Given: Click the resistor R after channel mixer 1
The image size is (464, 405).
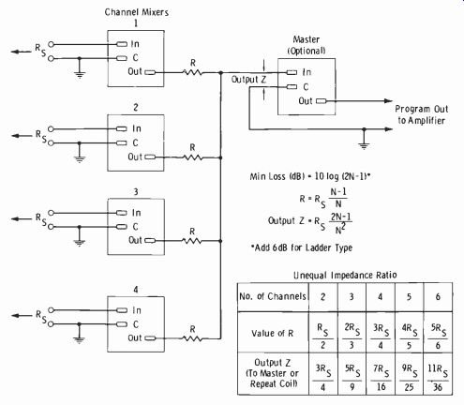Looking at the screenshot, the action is point(192,72).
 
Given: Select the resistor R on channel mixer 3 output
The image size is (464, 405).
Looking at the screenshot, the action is point(192,241).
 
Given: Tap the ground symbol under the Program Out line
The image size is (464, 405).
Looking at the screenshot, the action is point(364,145).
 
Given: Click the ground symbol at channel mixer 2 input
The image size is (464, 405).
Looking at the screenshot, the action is point(80,158).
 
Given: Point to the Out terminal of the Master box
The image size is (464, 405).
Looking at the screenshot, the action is point(322,101).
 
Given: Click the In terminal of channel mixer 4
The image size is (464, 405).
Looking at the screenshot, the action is point(122,310).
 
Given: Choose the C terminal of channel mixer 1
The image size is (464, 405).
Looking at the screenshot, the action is point(122,58).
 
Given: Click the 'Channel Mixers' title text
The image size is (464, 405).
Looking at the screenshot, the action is point(137,12).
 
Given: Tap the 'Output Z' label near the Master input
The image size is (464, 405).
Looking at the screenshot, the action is point(248,80).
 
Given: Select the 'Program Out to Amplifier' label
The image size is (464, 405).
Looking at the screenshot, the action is point(421,114).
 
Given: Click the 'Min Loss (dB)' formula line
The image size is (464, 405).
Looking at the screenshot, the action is point(310,176).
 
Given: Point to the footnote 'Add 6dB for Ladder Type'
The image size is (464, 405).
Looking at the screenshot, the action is point(302,247).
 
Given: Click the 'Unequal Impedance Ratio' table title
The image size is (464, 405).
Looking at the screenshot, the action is point(345,275).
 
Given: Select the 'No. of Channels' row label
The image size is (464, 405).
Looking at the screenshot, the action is point(273,296).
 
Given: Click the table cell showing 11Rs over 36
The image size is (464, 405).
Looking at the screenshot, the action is point(438,378).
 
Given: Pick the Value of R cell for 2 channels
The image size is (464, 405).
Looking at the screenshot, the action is point(323,337).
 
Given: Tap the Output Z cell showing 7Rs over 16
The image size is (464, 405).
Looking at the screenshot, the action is point(381,378).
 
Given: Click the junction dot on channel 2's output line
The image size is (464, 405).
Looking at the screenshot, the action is point(220,157).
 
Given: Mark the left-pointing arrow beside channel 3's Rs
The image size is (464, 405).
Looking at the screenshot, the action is point(22,218).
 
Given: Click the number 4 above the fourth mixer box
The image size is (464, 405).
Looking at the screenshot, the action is point(136,290).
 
